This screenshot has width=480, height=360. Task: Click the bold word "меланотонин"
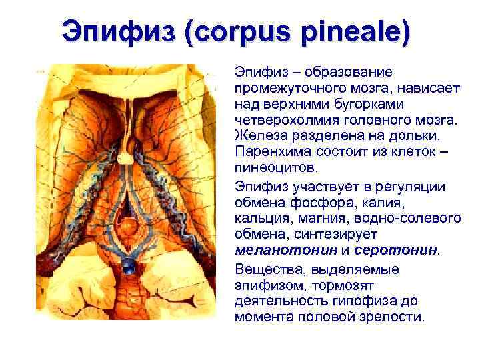pos(285,249)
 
